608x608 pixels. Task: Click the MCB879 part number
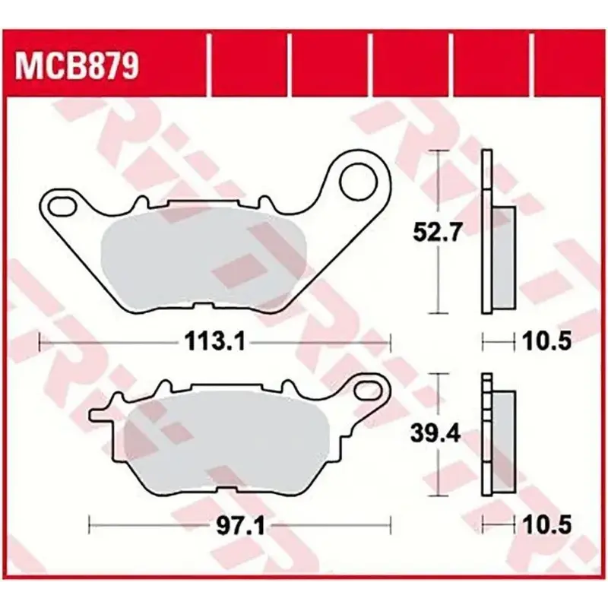(x=74, y=66)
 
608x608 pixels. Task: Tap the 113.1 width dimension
(x=213, y=343)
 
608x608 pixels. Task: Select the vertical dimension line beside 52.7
(x=436, y=190)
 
